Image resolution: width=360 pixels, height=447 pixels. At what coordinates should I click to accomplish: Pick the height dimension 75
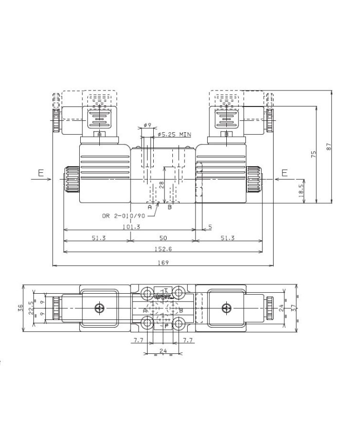[x=314, y=155]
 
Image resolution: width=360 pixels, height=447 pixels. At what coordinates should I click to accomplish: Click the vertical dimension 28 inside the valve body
[x=161, y=185]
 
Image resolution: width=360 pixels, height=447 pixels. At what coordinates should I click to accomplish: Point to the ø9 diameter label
[x=147, y=125]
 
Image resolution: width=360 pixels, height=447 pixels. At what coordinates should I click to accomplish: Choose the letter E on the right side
[x=284, y=174]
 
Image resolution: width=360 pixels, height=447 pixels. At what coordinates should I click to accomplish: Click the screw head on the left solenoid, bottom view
[x=100, y=308]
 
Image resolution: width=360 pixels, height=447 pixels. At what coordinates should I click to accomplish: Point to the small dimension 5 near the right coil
[x=210, y=226]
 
